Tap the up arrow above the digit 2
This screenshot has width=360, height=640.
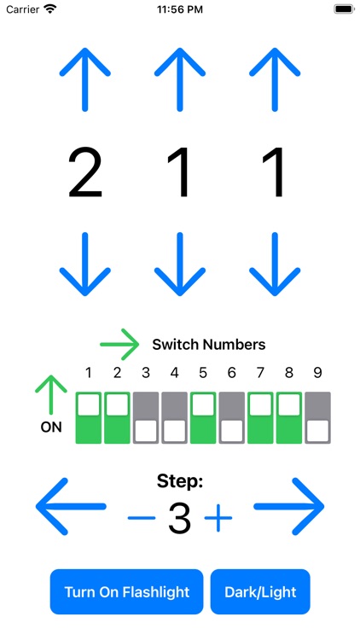pos(85,79)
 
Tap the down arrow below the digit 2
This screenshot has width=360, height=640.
pos(85,264)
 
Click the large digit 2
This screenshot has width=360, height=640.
pos(85,173)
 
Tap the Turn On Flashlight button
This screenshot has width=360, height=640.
pos(126,591)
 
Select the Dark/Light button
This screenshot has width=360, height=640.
pos(260,591)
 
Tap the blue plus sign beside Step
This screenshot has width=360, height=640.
pos(218,518)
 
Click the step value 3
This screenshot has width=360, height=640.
pos(179,519)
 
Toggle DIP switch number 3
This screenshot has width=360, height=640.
pos(146,417)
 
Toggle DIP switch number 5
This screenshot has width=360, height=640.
pos(203,417)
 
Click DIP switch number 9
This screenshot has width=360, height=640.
pos(317,417)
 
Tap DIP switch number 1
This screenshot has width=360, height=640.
pos(89,417)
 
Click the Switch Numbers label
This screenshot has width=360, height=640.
pos(208,345)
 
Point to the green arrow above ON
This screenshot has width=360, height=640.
pos(51,395)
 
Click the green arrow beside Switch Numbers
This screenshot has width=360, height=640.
pos(119,345)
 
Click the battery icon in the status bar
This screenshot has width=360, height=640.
pos(344,9)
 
